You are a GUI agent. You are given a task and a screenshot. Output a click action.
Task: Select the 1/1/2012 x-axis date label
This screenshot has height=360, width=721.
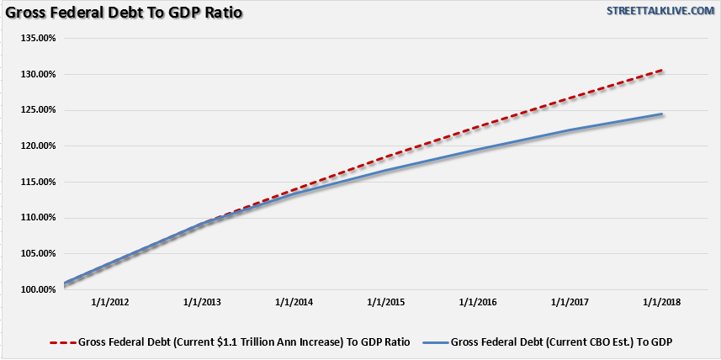pos(111,302)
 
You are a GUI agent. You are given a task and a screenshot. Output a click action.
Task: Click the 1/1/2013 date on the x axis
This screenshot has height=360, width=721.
pos(203,302)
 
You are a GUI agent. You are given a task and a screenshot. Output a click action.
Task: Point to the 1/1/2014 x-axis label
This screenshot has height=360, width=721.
pos(294,302)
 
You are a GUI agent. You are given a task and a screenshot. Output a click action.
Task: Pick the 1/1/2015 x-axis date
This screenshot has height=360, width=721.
pos(386,302)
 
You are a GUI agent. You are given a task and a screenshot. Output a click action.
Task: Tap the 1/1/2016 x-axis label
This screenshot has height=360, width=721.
pos(478,302)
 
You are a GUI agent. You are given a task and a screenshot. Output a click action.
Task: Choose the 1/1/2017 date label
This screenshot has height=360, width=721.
pos(570,302)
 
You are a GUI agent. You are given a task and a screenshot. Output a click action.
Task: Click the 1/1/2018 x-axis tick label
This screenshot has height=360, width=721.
pos(661,302)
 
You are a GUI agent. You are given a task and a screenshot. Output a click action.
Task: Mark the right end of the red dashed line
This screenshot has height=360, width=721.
pos(662,71)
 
